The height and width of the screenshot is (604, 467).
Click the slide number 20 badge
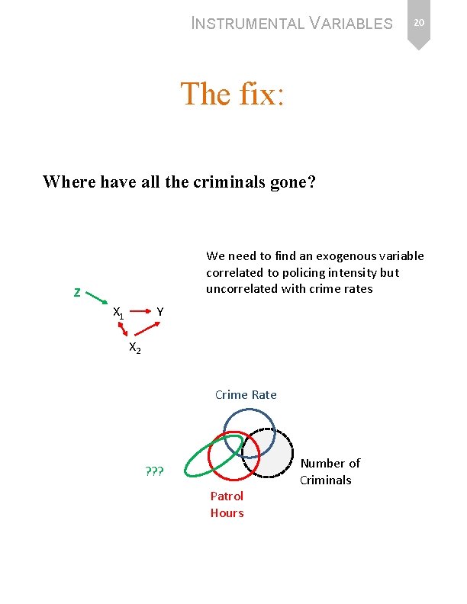coord(418,24)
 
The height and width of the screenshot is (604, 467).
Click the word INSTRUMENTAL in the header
coord(247,24)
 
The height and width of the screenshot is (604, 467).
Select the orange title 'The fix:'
coord(233,94)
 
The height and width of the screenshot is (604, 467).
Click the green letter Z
coord(77,292)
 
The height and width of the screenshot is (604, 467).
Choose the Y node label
coord(159,311)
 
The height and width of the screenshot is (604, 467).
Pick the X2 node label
coord(134,348)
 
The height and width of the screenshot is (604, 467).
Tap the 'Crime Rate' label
coord(246,394)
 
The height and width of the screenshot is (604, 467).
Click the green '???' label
coord(155,470)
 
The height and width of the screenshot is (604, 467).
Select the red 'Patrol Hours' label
coord(227,504)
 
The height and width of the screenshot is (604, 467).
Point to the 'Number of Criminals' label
coord(330,471)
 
